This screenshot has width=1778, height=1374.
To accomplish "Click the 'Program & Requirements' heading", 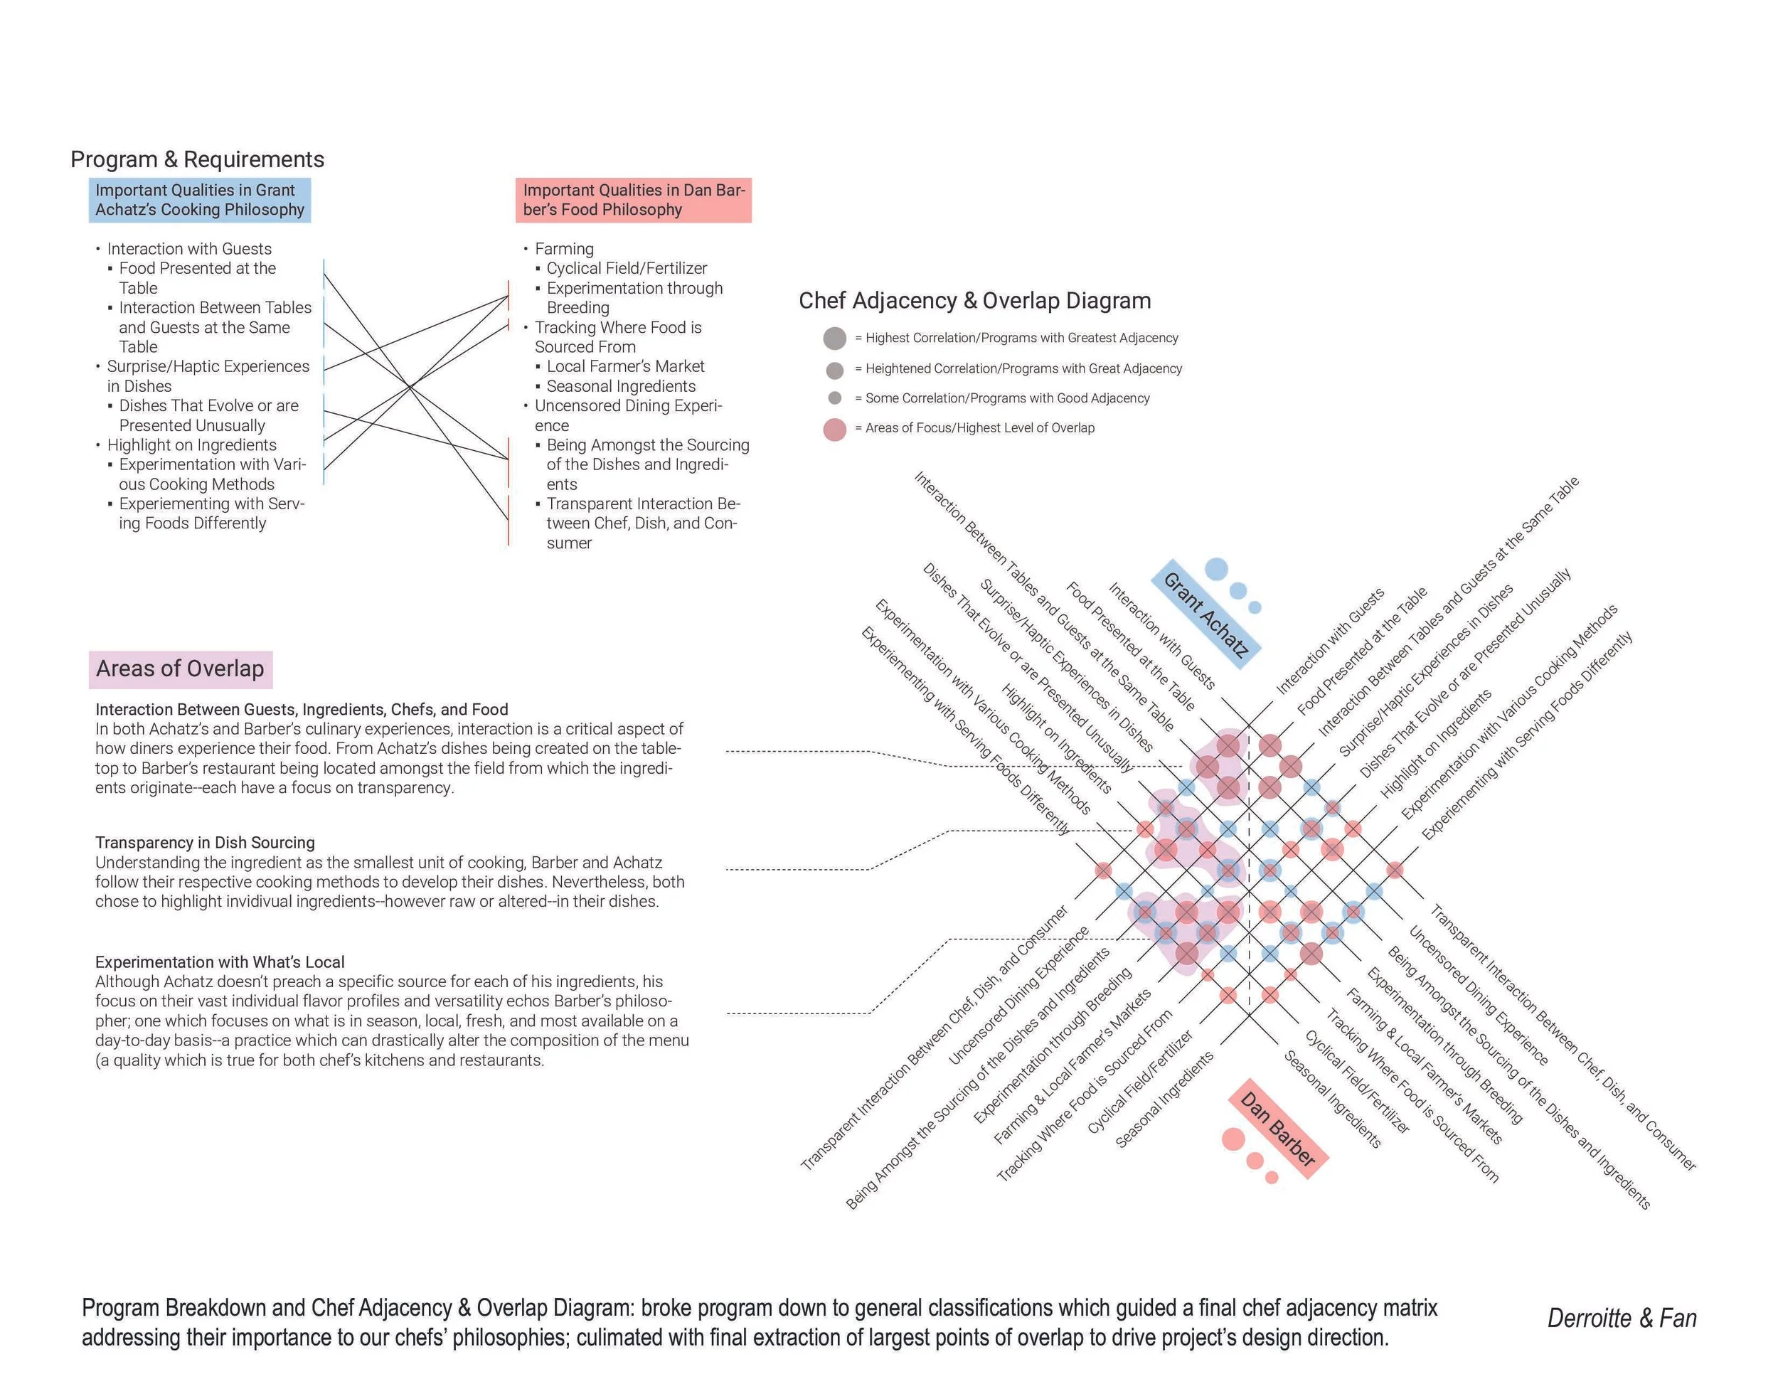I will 197,159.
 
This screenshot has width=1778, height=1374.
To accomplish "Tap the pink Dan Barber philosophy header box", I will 634,201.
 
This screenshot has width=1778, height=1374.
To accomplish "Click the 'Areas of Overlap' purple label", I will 180,669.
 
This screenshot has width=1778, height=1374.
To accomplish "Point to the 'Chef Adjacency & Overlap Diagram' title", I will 974,301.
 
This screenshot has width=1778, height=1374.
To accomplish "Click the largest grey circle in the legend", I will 834,339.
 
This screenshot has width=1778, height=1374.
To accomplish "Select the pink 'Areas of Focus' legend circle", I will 834,429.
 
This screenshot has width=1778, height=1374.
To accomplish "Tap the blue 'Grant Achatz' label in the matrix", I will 1205,614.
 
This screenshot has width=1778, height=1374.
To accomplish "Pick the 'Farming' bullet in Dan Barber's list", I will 564,249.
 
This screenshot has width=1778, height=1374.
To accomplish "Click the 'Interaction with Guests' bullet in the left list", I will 189,249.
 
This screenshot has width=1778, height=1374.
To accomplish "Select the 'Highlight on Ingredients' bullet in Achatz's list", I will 191,445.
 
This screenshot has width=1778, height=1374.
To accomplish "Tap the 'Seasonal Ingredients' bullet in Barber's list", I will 620,387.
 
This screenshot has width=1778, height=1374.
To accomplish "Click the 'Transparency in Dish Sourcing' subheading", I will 204,843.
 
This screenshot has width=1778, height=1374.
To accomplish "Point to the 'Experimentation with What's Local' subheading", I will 220,962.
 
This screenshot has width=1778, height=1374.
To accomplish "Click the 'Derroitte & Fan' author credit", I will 1621,1319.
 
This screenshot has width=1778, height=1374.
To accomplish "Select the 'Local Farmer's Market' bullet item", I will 625,367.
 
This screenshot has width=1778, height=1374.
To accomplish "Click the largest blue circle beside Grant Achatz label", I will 1216,569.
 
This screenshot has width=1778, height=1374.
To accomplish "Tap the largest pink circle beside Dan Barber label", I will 1233,1139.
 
